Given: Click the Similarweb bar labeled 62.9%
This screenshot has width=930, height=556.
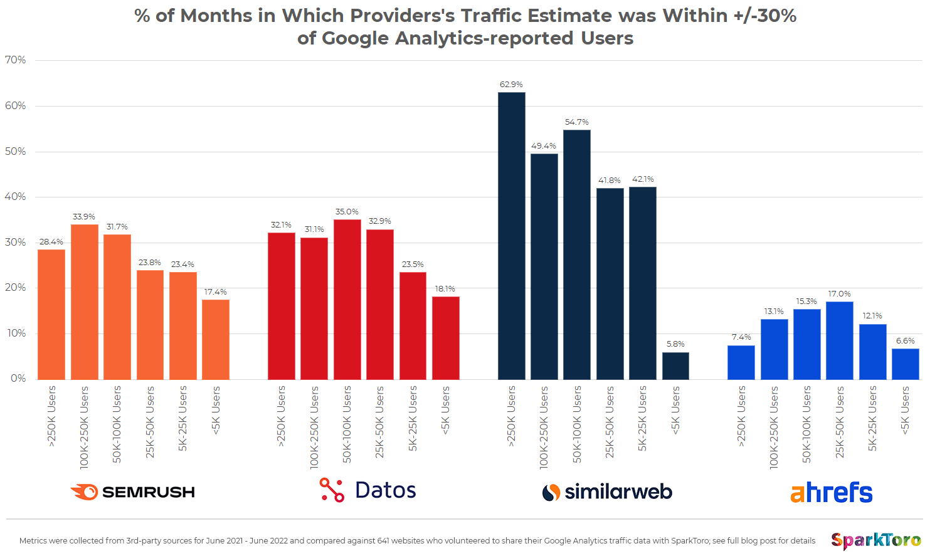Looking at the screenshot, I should [x=511, y=236].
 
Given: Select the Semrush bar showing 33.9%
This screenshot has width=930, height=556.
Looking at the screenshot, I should [x=84, y=302].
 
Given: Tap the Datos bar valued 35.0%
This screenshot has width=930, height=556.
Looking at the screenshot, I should [x=347, y=299].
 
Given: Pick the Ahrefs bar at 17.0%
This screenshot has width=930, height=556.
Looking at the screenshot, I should [x=839, y=340].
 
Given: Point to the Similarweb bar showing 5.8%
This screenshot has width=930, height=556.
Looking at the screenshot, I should [x=675, y=365].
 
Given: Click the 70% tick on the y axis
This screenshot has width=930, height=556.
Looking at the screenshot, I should [x=16, y=60].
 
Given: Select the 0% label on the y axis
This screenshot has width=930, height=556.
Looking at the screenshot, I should [x=18, y=379].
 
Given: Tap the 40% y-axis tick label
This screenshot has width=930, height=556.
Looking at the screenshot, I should [x=16, y=197].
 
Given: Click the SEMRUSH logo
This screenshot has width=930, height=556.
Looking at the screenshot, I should [x=132, y=492].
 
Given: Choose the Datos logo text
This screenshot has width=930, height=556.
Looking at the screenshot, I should [x=385, y=490].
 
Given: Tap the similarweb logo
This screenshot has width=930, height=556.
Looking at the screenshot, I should [x=607, y=492].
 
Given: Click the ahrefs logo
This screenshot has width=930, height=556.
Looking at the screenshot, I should [x=831, y=493].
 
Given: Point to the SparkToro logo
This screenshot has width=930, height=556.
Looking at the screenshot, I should [x=875, y=540].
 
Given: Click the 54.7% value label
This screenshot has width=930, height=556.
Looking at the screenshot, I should [x=576, y=122].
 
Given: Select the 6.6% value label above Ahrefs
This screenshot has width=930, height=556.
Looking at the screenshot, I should [x=905, y=341].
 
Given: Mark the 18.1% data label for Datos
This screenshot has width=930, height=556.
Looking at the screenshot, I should [x=445, y=289].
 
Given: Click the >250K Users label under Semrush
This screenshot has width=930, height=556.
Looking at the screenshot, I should [x=51, y=416].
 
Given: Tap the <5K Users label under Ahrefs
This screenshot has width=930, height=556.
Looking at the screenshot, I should [x=905, y=411].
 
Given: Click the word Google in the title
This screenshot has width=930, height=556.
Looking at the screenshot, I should [x=352, y=38].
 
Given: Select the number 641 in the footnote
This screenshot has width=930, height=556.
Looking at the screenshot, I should [x=384, y=541].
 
